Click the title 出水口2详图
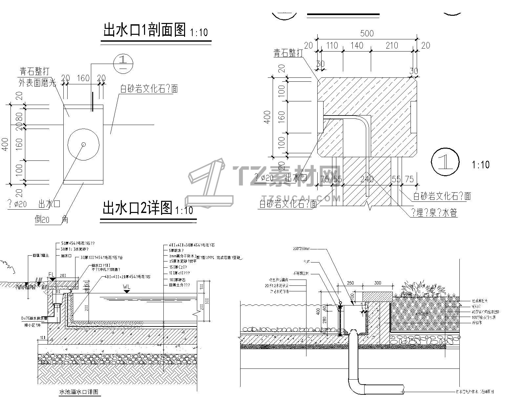pos(137,208)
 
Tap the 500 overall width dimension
pos(367,33)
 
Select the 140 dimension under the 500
pos(357,46)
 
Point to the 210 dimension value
pos(391,46)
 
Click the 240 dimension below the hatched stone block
pos(367,179)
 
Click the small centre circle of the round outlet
pos(83,144)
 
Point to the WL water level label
pos(127,286)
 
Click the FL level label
pos(52,274)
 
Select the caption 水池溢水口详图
pos(79,392)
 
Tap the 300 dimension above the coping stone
pos(378,283)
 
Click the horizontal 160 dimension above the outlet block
pos(83,78)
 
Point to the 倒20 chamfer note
pos(43,220)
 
